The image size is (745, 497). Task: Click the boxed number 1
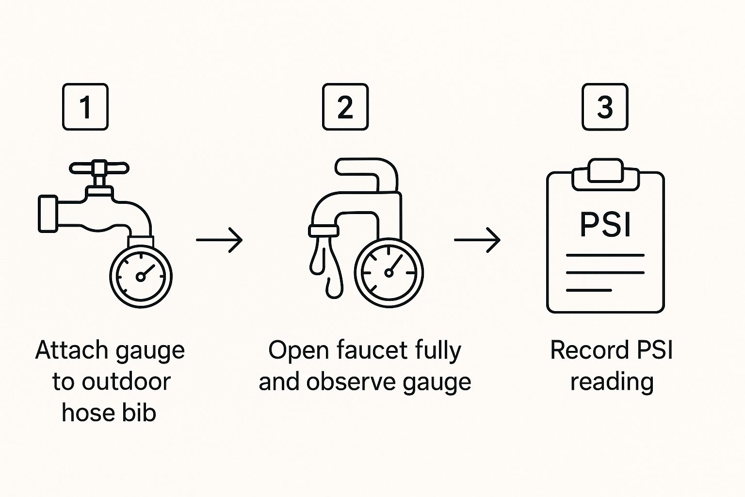click(85, 107)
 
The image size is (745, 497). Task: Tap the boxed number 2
click(345, 107)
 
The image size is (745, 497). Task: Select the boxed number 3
click(605, 107)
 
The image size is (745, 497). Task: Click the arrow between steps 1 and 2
click(219, 239)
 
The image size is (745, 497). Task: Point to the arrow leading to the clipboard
click(477, 239)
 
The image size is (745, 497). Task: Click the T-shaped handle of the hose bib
click(99, 168)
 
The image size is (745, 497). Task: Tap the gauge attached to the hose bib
click(141, 277)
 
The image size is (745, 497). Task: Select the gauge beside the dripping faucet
click(389, 273)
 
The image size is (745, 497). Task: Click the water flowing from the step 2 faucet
click(326, 265)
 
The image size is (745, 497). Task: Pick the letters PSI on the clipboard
click(605, 224)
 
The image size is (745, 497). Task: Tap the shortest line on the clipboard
click(589, 290)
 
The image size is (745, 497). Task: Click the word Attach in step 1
click(71, 350)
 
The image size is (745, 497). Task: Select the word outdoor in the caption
click(126, 381)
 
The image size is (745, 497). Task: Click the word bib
click(141, 413)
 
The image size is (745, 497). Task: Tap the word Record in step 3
click(584, 350)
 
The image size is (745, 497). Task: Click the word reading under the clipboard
click(612, 382)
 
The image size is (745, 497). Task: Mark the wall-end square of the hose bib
click(48, 214)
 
